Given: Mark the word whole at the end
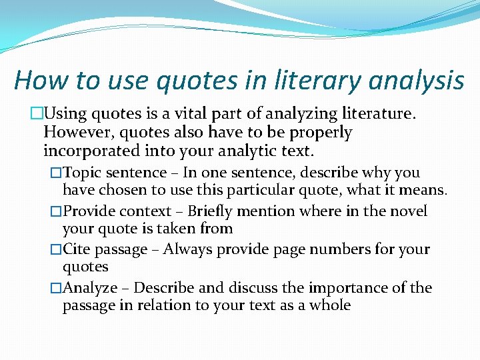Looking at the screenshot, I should [x=329, y=305].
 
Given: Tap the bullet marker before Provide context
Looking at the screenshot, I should [x=56, y=211].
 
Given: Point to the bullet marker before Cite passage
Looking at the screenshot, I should [x=56, y=249].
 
